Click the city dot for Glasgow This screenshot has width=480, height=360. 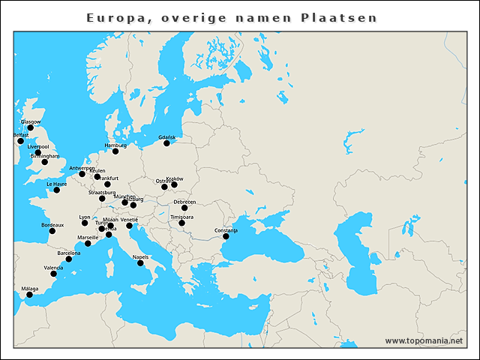tap(30, 127)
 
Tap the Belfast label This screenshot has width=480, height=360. tap(21, 135)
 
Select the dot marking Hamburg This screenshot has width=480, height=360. tap(115, 151)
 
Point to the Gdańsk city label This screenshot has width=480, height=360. tap(167, 137)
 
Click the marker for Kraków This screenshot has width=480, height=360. tap(174, 184)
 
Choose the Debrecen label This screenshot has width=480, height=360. tap(184, 202)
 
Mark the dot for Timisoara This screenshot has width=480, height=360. tap(181, 223)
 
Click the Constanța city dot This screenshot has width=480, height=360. tap(225, 237)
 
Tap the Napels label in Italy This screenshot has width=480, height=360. tap(140, 257)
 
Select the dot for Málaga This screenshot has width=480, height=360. tap(29, 295)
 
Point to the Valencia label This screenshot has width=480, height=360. tap(53, 268)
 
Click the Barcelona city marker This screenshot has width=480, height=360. tap(69, 259)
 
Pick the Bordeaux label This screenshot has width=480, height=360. tap(52, 225)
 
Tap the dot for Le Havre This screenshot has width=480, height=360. tap(56, 190)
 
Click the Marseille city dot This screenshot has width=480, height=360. tap(88, 243)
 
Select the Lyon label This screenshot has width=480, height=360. tap(84, 217)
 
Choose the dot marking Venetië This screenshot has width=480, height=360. tap(129, 226)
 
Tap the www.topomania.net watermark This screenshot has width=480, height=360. tap(424, 341)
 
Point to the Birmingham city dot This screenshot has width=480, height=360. tap(44, 162)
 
